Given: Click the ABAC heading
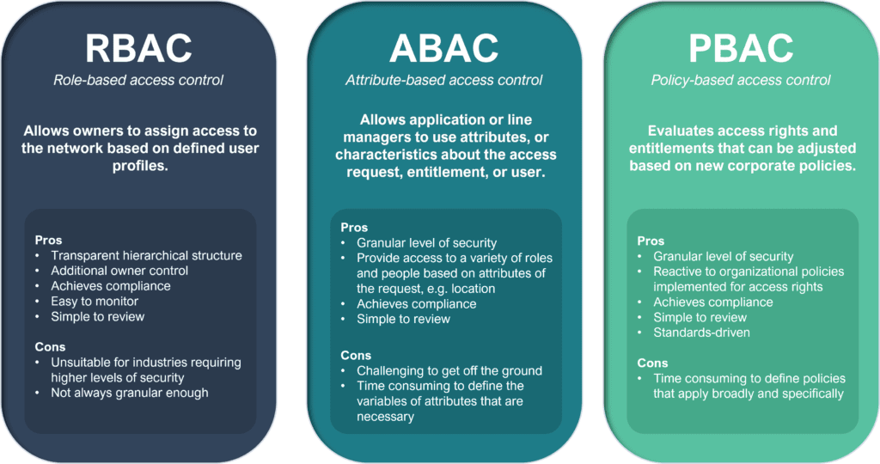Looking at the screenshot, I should coord(443,48).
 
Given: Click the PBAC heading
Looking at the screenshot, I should coord(742,48).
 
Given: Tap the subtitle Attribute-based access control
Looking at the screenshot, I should coord(443,81).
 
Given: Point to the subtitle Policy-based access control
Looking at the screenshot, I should coord(742,81).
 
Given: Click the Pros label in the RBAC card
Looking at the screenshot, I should coord(49,240).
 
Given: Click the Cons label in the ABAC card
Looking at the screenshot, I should coord(355,355).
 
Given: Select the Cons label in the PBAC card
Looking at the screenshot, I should coord(651,363).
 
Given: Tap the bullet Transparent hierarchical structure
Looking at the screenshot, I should coord(146,255).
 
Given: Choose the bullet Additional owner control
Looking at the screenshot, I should coord(119,271).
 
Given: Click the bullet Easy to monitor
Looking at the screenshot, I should coord(95,302).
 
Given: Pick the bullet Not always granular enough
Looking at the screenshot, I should coord(129,393).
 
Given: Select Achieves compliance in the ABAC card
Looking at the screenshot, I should coord(416,303).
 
